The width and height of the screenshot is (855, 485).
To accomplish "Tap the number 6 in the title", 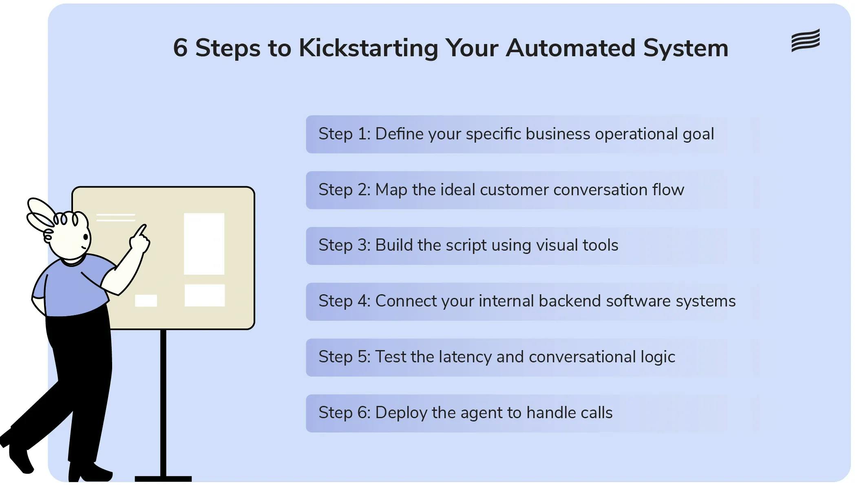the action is click(x=180, y=48).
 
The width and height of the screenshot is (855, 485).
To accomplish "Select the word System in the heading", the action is click(x=685, y=48).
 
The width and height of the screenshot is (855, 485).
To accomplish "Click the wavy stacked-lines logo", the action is click(x=805, y=40).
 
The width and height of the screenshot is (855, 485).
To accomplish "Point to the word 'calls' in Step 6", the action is click(x=597, y=413).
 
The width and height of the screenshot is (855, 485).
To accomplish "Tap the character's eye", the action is click(x=86, y=236).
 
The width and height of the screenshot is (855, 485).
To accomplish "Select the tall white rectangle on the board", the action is click(x=204, y=243).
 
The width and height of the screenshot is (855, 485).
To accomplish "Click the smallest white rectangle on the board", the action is click(x=146, y=300).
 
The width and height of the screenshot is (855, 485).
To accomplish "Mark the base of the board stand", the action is click(x=163, y=478).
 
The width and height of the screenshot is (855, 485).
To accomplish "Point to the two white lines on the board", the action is click(x=116, y=217).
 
